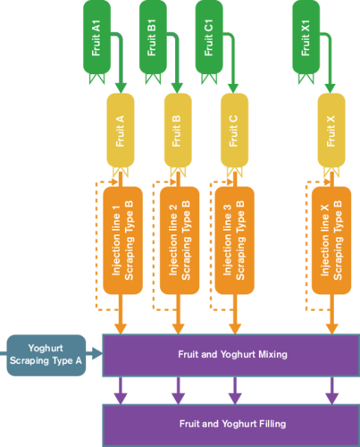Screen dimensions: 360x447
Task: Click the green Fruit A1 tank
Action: [x=96, y=38]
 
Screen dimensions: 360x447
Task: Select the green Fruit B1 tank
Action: [x=153, y=38]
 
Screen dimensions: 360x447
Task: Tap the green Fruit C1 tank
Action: [x=209, y=38]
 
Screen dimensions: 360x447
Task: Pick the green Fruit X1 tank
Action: [x=306, y=38]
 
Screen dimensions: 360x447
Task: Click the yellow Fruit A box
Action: [x=121, y=131]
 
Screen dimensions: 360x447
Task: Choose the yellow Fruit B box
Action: [x=178, y=131]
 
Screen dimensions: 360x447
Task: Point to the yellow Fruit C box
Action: [x=234, y=131]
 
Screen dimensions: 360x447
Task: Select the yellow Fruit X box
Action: [x=331, y=131]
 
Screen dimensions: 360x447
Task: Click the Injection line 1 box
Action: [x=122, y=240]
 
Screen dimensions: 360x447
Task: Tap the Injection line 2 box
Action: [x=180, y=240]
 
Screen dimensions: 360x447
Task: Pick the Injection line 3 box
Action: [x=235, y=240]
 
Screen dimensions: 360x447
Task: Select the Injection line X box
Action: [x=331, y=240]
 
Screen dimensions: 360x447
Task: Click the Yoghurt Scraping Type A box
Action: [x=46, y=355]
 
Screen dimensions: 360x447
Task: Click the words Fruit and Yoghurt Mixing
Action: [x=232, y=354]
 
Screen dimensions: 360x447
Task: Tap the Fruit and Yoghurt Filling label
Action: [x=232, y=424]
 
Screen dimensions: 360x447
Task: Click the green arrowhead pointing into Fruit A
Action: [x=121, y=89]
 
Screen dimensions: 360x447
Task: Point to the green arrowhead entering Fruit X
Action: [x=330, y=89]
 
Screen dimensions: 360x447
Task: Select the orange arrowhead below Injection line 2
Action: [x=178, y=329]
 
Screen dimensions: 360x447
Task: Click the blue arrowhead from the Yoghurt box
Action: [x=97, y=353]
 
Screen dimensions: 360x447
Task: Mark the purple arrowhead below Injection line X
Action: [x=332, y=399]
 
